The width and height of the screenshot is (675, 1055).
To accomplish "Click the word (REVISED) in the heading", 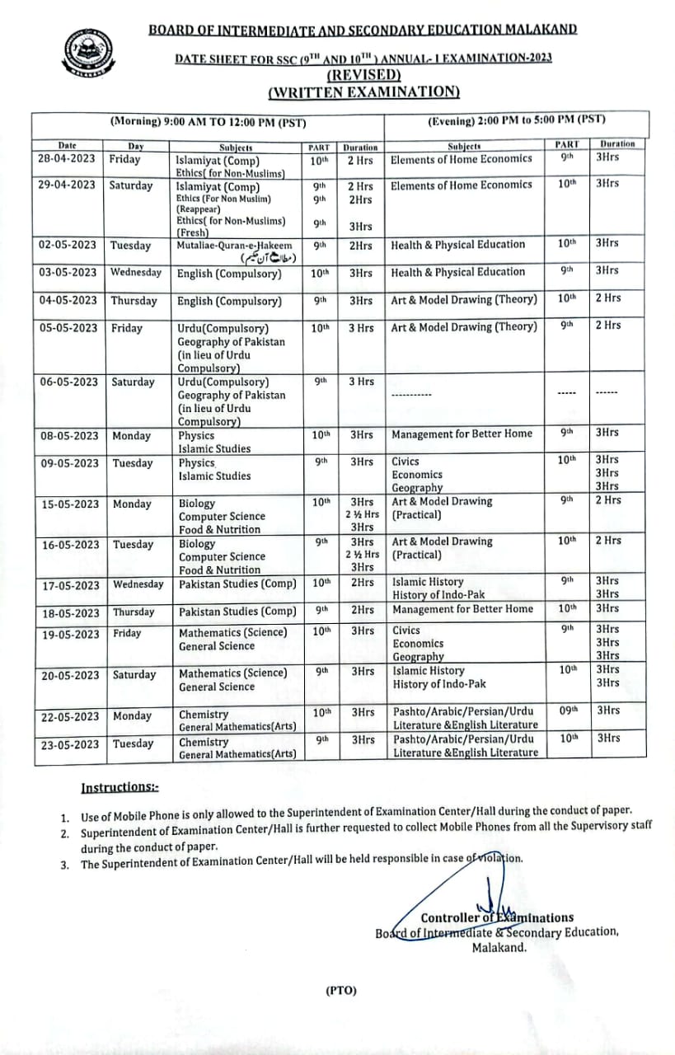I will (363, 74).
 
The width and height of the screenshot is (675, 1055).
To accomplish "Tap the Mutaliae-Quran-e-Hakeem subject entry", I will (235, 245).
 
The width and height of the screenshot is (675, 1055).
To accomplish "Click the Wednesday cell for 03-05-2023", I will (136, 272).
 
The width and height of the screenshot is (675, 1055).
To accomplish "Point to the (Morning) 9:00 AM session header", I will (209, 122).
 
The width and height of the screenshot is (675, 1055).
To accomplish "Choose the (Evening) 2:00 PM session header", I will (516, 120).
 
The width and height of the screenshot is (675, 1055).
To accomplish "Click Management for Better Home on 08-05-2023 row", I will (462, 434).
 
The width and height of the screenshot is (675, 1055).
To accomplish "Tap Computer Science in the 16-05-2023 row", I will (222, 557).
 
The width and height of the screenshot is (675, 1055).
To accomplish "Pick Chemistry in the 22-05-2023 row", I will (204, 715).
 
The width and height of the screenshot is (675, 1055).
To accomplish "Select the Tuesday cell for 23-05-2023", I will (134, 743).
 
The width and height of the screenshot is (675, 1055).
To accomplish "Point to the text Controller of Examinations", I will (497, 917).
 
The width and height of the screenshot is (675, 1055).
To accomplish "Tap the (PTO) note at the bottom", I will (341, 990).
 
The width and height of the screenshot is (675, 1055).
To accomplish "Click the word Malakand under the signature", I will (499, 948).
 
